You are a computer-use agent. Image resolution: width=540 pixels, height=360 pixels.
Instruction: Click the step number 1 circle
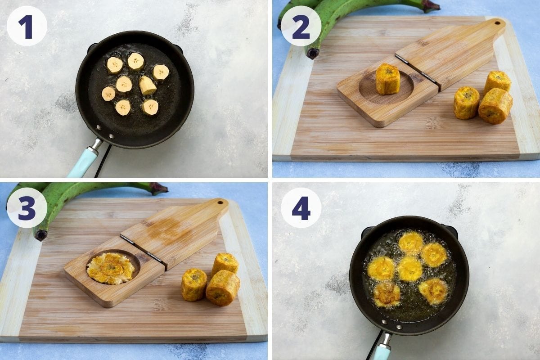click(27, 26)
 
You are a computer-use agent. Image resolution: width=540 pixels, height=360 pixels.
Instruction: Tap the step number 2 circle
click(301, 26)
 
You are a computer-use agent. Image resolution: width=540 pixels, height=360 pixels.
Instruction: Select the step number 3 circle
click(27, 207)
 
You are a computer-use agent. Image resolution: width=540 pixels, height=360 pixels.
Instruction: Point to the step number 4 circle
click(301, 207)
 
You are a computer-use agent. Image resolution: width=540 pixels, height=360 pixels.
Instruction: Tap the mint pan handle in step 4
click(382, 351)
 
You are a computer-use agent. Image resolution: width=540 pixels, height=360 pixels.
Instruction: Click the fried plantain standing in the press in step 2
click(387, 79)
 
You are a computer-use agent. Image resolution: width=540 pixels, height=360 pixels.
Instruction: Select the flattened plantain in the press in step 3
click(111, 268)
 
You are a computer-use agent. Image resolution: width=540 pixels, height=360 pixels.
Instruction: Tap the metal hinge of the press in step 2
click(416, 70)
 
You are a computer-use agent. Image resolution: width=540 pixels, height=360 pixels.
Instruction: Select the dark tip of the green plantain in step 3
click(41, 234)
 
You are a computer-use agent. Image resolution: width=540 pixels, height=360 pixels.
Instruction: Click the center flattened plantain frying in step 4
click(409, 269)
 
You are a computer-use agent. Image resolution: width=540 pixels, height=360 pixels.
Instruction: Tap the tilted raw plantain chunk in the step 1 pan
click(147, 85)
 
